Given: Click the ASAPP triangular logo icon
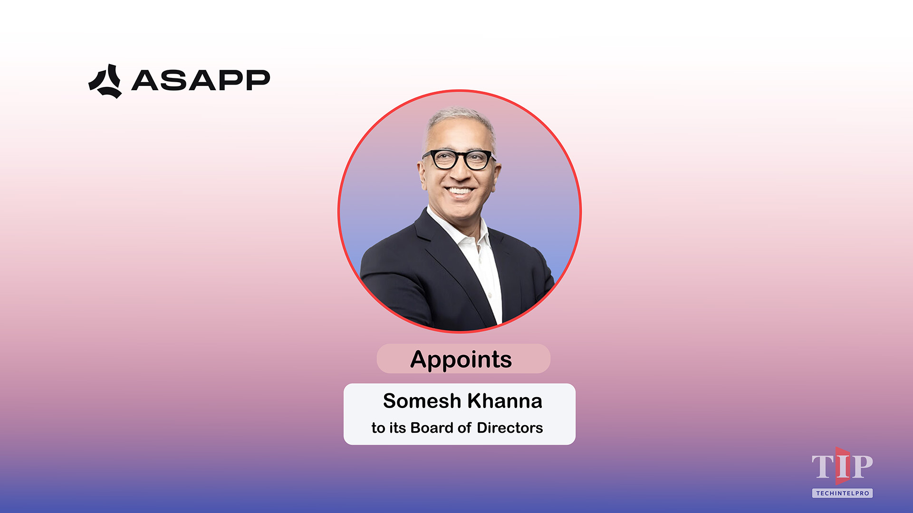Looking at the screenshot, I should [105, 82].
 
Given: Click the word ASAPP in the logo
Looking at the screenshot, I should [201, 80].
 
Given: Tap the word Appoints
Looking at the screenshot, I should [461, 359].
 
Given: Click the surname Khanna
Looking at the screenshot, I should [505, 401].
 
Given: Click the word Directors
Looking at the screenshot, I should [509, 428].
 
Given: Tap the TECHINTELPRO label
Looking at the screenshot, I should [842, 494].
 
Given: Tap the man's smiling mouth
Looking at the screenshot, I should [459, 192].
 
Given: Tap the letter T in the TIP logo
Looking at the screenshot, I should [822, 467].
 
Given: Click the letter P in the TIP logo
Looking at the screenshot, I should [862, 467].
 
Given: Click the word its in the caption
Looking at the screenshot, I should [397, 428].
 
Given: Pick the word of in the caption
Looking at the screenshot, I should [464, 428].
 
